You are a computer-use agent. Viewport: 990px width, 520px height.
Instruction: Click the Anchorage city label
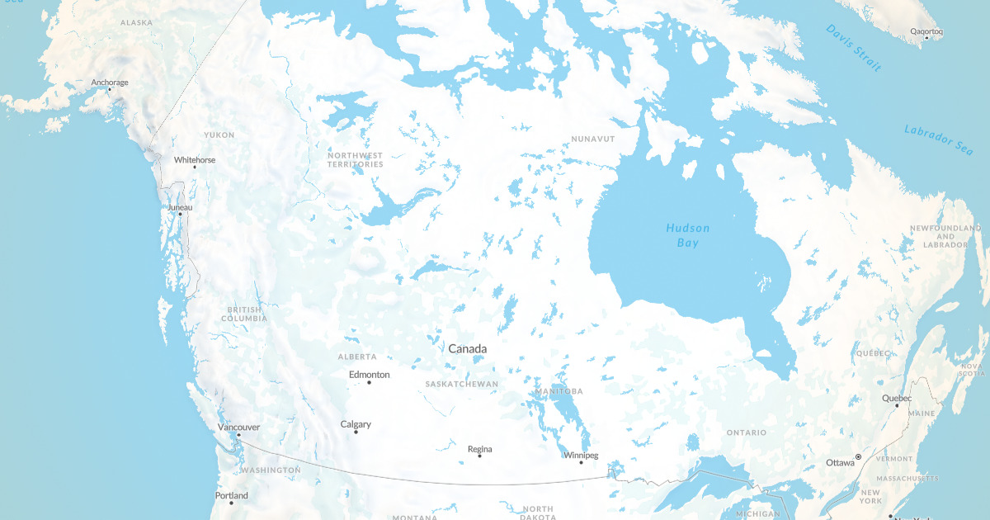point(110,83)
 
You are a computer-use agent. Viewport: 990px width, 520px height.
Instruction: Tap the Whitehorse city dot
point(195,167)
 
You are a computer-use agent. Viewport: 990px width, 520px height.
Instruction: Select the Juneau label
point(180,207)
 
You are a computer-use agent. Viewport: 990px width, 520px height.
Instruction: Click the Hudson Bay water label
point(687,235)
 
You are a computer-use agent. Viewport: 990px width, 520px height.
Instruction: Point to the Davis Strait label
point(853,48)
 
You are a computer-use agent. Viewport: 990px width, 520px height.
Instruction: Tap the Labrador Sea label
point(938,140)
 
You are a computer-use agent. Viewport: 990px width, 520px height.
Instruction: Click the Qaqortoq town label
point(926,31)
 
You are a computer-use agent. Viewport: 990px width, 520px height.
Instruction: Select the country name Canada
point(467,349)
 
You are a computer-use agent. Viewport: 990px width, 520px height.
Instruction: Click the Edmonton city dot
point(369,382)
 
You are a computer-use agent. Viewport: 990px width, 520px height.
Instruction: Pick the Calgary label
point(356,424)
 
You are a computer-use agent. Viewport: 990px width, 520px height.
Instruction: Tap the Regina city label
point(479,449)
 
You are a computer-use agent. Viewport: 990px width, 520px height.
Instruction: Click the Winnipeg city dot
point(581,462)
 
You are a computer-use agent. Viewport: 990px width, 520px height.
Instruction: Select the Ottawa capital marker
point(858,456)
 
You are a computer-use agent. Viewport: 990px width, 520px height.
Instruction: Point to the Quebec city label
point(897,398)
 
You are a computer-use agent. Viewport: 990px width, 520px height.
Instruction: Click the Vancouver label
point(238,427)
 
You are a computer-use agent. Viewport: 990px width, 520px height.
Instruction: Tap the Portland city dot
point(231,503)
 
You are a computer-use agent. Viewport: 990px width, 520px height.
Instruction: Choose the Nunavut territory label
point(592,139)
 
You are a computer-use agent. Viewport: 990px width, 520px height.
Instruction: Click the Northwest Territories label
point(355,159)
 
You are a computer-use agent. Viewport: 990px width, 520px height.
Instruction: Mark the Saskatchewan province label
point(462,385)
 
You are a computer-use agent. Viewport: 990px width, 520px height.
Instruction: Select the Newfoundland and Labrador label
point(945,236)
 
